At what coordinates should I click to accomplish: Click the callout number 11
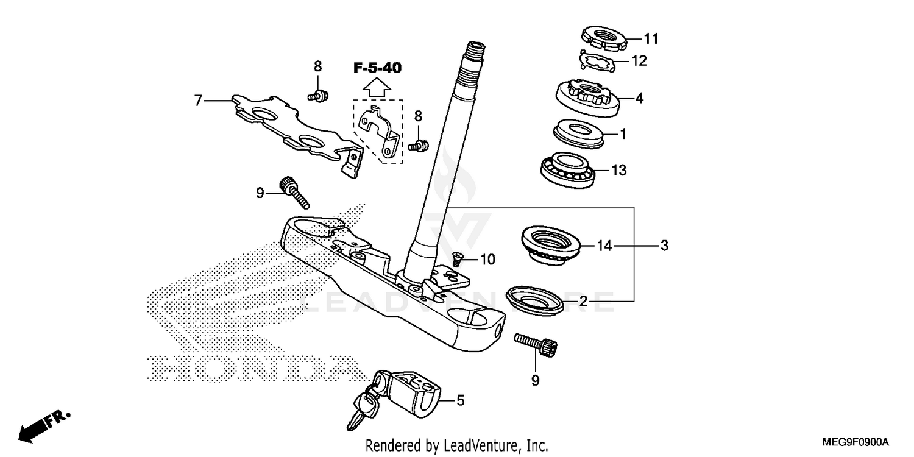point(651,39)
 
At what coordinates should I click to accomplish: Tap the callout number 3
point(664,246)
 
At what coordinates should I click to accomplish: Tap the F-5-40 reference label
point(378,68)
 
